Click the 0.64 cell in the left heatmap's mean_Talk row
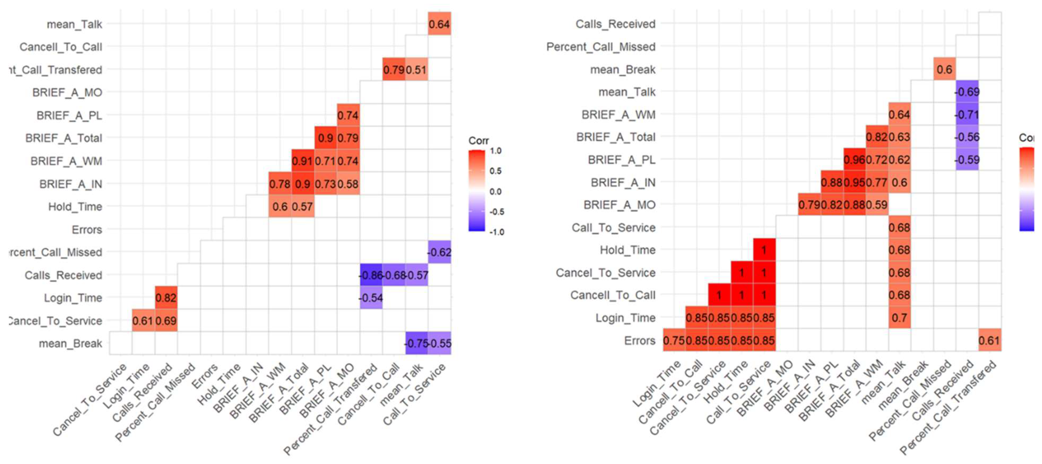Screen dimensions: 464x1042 pos(439,24)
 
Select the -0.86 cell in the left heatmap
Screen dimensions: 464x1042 pos(371,275)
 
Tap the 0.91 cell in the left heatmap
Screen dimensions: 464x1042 pos(303,161)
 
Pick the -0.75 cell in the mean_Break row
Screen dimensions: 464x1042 pos(417,343)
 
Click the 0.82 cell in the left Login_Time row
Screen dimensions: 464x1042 pos(166,298)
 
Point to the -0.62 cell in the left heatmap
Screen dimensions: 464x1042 pos(439,252)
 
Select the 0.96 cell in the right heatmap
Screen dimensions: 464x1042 pos(854,160)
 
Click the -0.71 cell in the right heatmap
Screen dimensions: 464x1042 pos(967,115)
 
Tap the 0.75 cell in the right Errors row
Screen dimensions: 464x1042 pos(674,341)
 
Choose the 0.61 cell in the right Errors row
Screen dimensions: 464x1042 pos(989,341)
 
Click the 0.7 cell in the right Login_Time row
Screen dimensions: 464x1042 pos(899,318)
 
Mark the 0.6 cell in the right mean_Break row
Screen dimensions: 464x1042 pos(944,70)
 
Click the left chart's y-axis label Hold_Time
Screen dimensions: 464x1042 pos(75,207)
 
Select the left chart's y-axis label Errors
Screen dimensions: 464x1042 pos(87,230)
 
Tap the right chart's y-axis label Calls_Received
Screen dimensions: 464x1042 pos(615,24)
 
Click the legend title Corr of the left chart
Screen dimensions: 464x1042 pos(478,140)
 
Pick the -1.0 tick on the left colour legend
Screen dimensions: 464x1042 pos(497,232)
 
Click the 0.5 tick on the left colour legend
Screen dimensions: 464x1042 pos(495,171)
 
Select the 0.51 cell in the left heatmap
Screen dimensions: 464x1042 pos(417,70)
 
